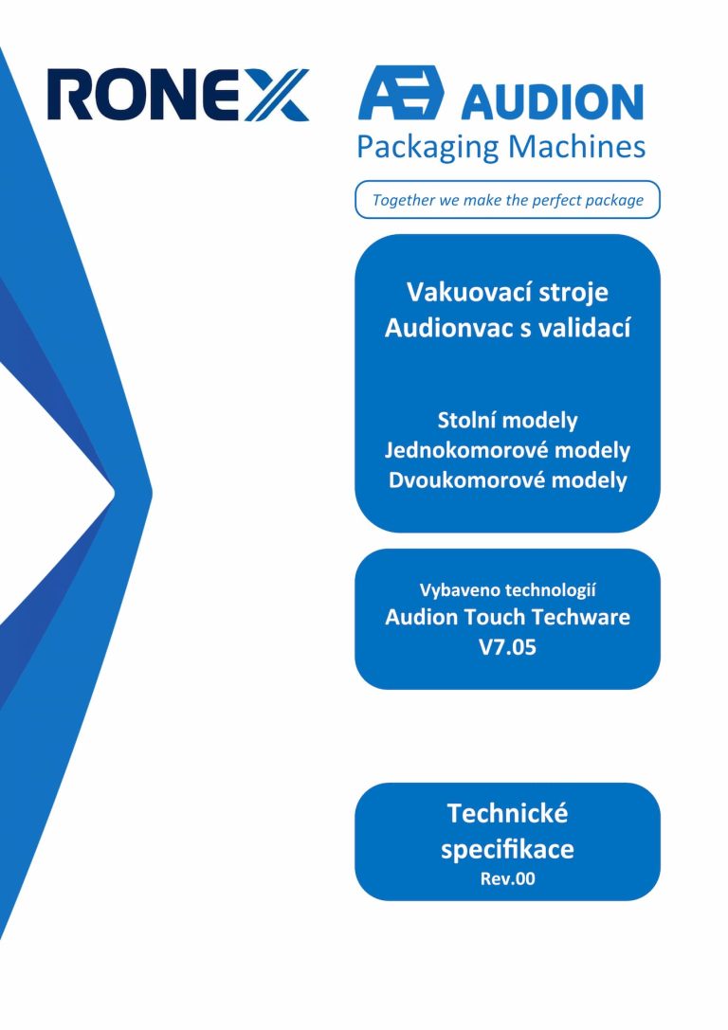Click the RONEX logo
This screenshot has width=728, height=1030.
pyautogui.click(x=178, y=95)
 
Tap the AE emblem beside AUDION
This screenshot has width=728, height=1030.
pyautogui.click(x=401, y=93)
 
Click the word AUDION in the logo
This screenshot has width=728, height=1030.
pyautogui.click(x=552, y=102)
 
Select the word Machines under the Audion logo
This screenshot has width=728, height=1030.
pyautogui.click(x=576, y=147)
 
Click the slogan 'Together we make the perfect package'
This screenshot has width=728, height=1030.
pyautogui.click(x=508, y=200)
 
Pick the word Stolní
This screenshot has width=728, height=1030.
pyautogui.click(x=470, y=420)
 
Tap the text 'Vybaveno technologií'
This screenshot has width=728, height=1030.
pyautogui.click(x=508, y=590)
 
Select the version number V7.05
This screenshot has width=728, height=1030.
pyautogui.click(x=507, y=647)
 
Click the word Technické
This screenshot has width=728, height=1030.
pyautogui.click(x=507, y=813)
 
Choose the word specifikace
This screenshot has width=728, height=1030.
pyautogui.click(x=507, y=849)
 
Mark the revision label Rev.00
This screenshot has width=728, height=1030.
pyautogui.click(x=507, y=879)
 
